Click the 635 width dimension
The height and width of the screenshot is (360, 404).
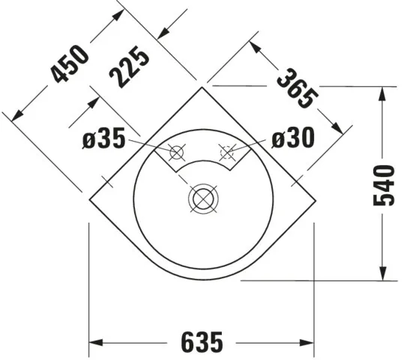[202, 343]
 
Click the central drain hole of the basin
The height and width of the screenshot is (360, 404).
[202, 199]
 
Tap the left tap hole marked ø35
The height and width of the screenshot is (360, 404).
[177, 152]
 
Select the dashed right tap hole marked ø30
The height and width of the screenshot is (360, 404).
[227, 152]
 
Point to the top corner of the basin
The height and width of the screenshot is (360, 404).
[202, 87]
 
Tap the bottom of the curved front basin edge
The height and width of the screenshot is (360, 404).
[202, 279]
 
